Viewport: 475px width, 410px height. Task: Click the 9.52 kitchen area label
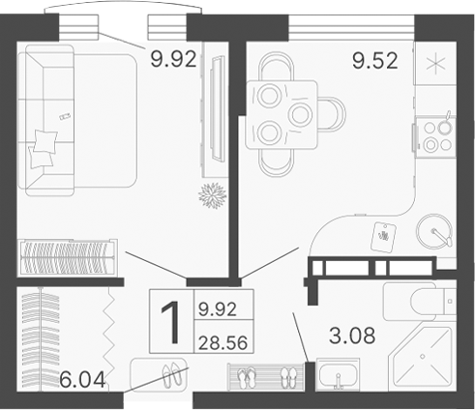[x=371, y=62]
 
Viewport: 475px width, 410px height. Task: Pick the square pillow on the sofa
[x=45, y=146]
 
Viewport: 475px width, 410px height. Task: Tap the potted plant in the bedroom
[x=212, y=193]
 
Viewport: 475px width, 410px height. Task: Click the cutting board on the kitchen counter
[x=384, y=235]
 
